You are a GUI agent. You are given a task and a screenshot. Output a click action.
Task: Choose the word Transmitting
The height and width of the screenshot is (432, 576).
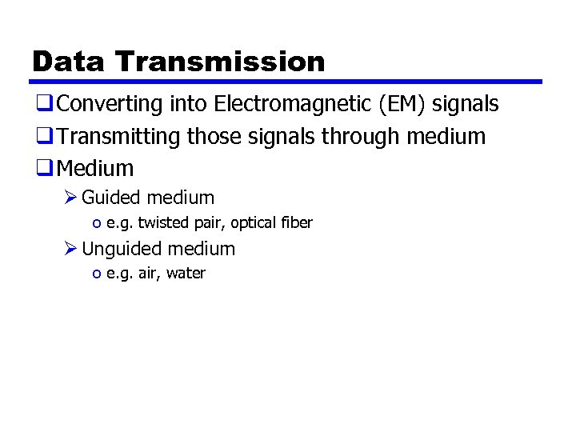click(120, 137)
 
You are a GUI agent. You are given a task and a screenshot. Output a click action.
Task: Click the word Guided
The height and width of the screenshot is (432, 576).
click(110, 197)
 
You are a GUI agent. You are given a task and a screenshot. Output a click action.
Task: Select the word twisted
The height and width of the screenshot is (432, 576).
click(162, 222)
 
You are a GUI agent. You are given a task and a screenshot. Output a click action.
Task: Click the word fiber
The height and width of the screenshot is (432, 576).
click(297, 222)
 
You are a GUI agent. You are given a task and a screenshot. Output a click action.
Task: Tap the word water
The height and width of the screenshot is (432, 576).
click(186, 274)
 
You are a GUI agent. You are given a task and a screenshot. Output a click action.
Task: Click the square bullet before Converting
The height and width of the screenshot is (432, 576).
click(42, 104)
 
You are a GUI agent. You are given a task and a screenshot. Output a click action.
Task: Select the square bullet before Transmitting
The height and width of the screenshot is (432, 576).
click(42, 137)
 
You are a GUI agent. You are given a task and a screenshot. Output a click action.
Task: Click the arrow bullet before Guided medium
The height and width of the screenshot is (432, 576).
click(70, 197)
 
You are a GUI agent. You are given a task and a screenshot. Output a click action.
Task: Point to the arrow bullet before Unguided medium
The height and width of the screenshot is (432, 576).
click(70, 249)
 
